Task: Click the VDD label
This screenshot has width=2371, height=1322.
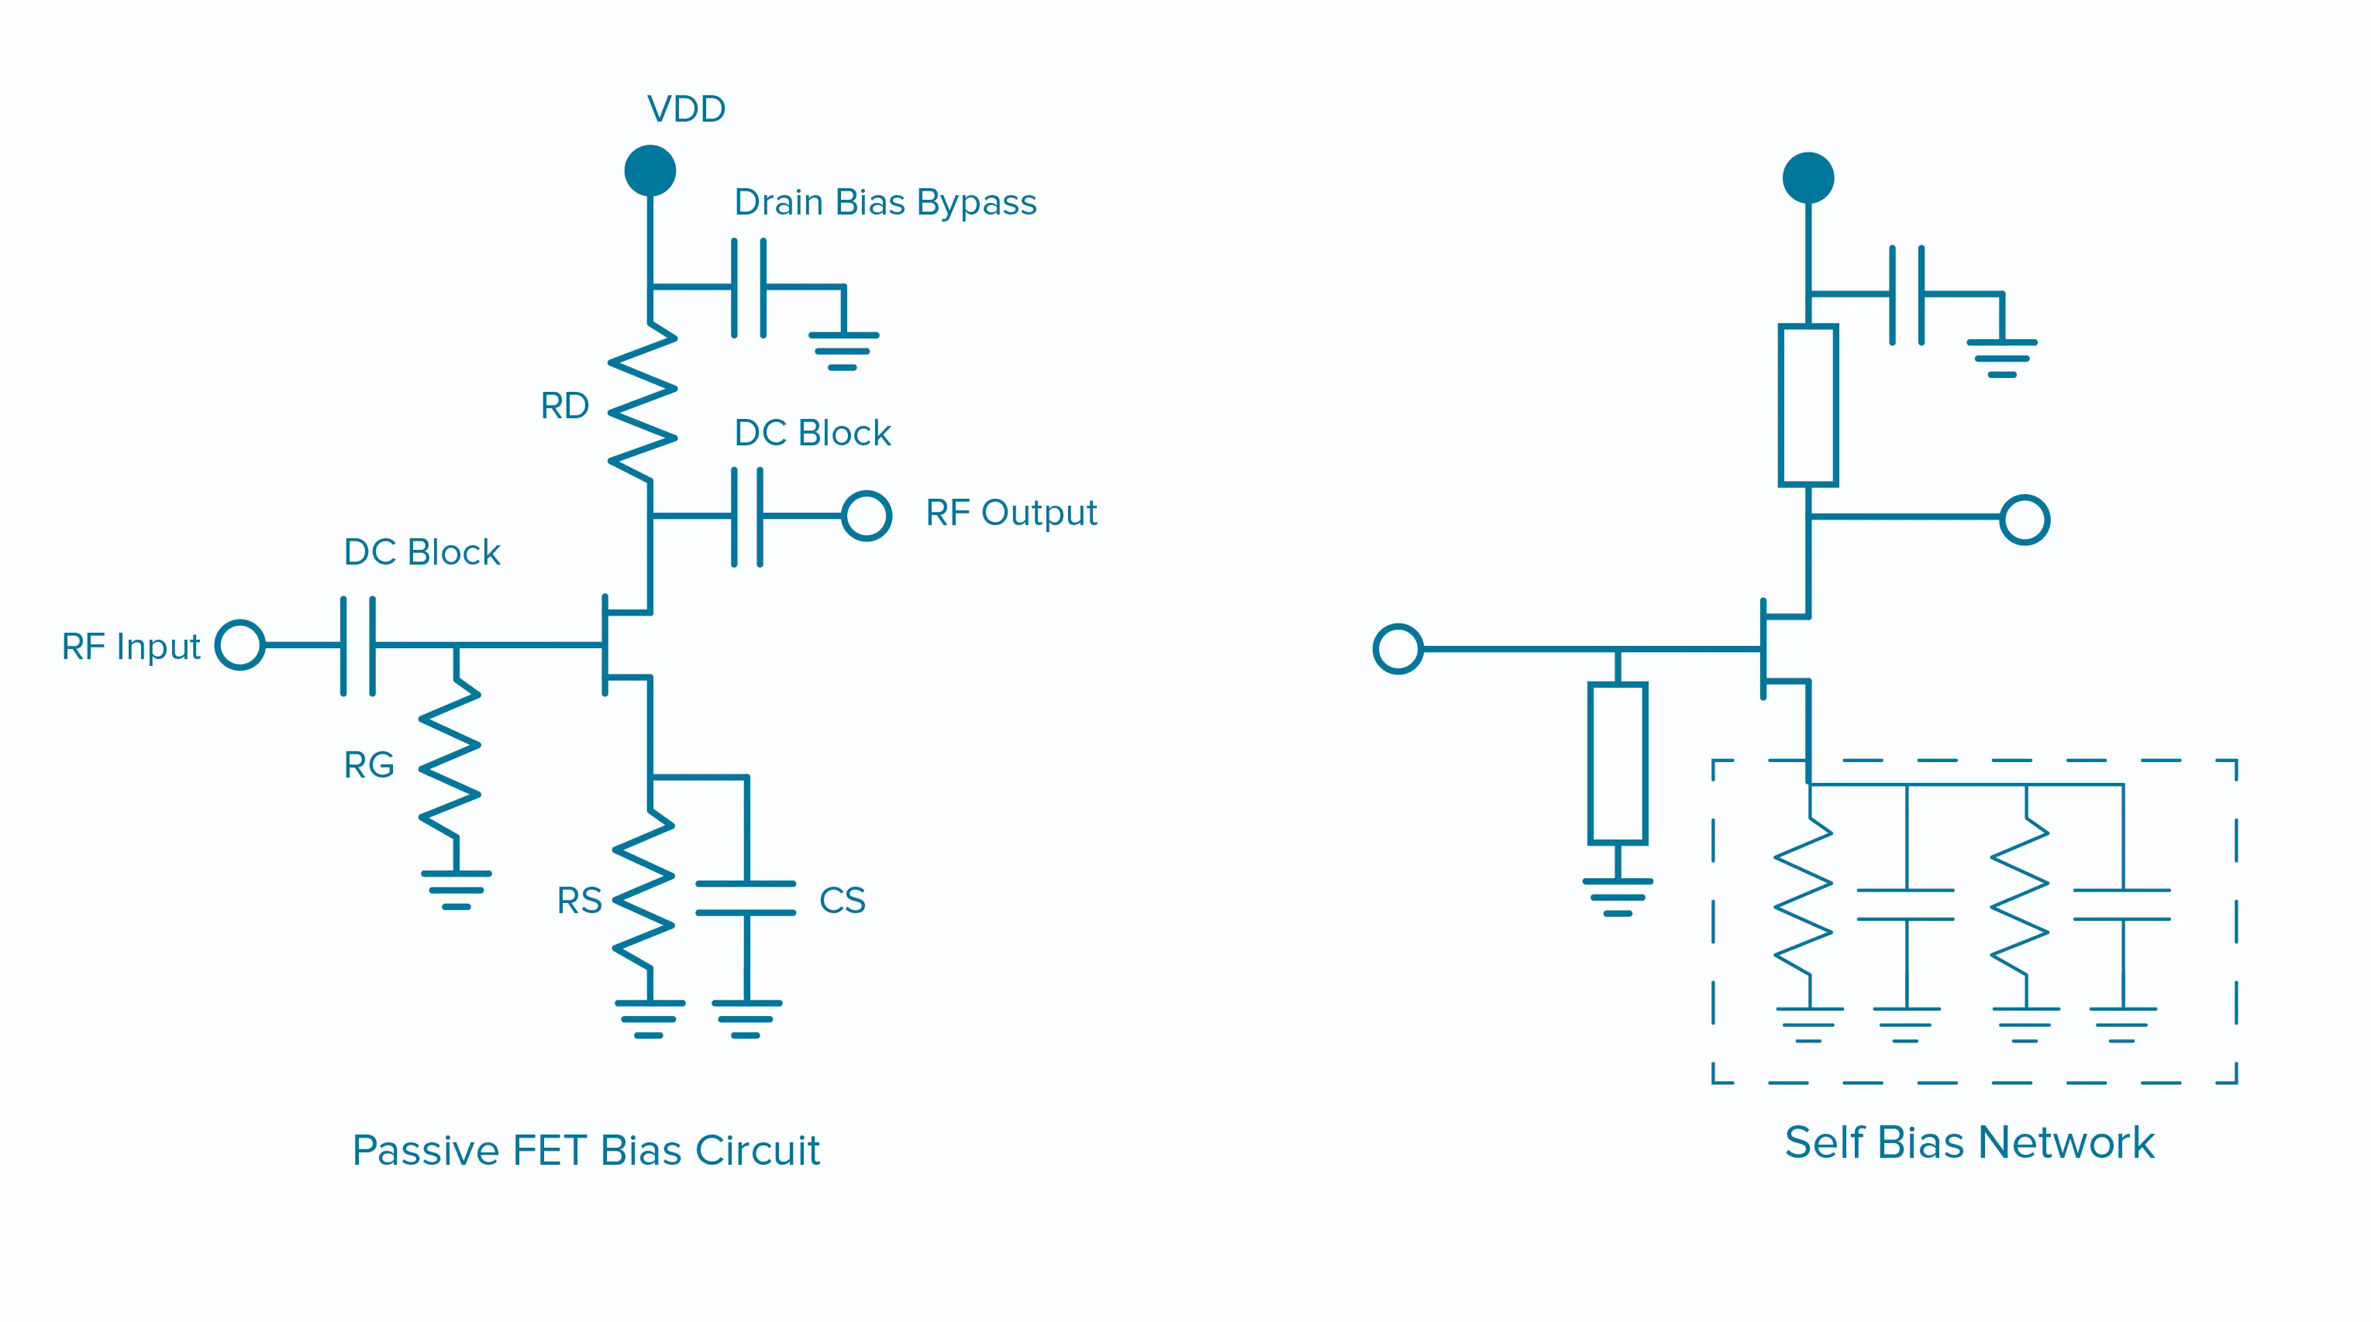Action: (x=686, y=109)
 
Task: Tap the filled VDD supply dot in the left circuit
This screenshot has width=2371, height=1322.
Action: (x=650, y=170)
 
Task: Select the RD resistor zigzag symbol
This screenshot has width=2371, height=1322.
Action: (x=643, y=402)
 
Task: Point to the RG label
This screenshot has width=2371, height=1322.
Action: (x=368, y=764)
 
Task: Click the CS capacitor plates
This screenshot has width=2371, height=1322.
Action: (x=746, y=898)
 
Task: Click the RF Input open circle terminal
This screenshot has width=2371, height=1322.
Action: (x=240, y=645)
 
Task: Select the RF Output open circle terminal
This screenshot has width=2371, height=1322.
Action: (x=866, y=515)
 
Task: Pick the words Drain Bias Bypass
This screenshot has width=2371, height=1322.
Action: (x=884, y=202)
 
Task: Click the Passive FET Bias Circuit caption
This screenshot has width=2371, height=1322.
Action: (x=585, y=1150)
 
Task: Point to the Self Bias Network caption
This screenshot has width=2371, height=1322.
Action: (x=1969, y=1142)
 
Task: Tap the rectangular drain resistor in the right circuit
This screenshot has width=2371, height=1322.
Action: (x=1808, y=405)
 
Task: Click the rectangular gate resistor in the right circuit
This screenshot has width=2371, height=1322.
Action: (x=1617, y=763)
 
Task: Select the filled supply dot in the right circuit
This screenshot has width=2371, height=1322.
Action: (x=1808, y=177)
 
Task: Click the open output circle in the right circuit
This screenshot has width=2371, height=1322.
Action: (x=2024, y=520)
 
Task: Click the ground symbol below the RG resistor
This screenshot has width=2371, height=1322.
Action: (x=457, y=889)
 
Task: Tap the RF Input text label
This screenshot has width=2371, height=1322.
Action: (x=131, y=647)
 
